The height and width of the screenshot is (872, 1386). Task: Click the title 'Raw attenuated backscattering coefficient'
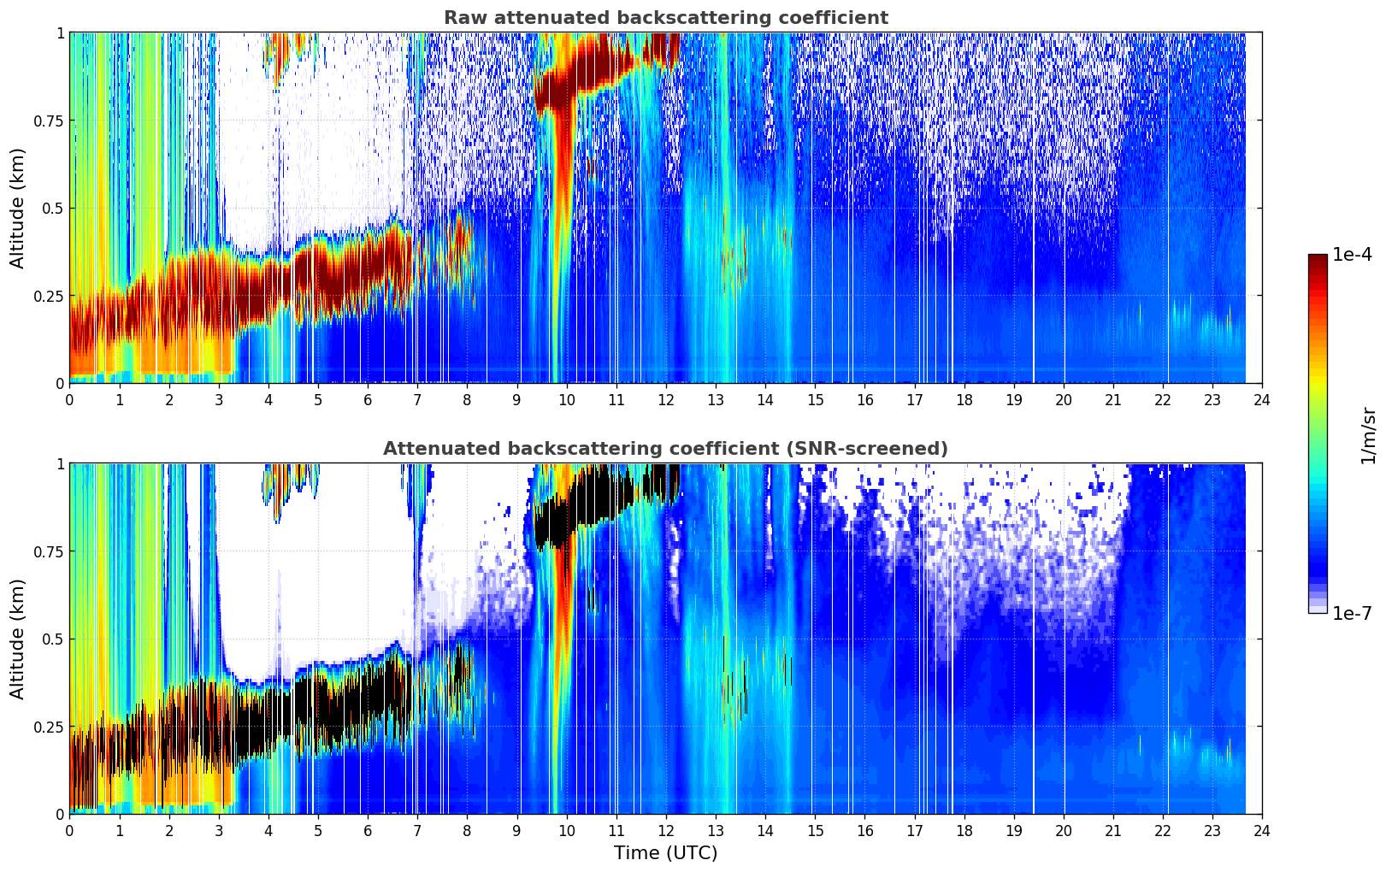665,18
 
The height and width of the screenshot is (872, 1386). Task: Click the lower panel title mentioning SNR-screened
665,449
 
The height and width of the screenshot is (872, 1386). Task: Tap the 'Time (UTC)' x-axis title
665,853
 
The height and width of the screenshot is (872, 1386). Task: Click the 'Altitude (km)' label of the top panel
18,208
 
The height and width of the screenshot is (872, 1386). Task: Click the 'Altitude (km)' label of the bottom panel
18,639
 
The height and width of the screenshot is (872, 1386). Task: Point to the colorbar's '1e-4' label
1351,255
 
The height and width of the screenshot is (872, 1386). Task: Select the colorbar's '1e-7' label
1351,613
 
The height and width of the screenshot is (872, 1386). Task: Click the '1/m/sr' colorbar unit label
1368,434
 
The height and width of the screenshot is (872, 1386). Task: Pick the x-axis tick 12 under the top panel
666,399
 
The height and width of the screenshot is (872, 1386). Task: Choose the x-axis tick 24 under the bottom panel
1262,830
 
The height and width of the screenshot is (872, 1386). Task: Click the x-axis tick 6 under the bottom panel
368,830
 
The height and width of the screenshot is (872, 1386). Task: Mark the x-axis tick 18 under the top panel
964,399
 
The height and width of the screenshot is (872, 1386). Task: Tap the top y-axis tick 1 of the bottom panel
60,464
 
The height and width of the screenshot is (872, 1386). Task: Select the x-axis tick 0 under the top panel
70,399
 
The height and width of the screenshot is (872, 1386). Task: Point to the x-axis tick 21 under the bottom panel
1113,830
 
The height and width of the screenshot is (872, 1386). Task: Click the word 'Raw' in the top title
462,18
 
